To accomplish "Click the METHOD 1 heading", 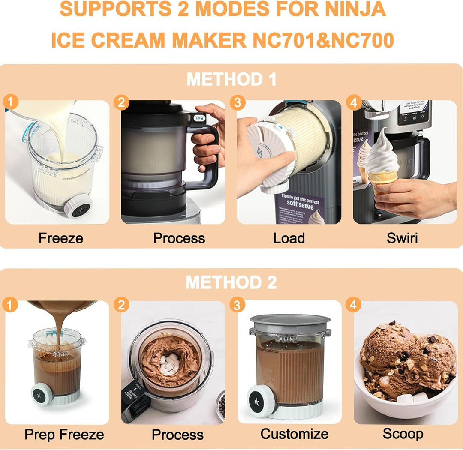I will click(x=231, y=80).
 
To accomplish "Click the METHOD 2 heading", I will click(x=231, y=282).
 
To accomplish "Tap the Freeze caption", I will click(x=61, y=238).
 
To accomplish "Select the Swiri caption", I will click(x=402, y=238).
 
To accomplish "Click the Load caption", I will click(x=289, y=238).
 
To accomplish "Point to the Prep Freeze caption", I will click(x=64, y=435).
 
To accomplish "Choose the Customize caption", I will click(x=294, y=434).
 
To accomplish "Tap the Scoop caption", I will click(x=403, y=434).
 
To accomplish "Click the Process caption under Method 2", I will click(x=177, y=435).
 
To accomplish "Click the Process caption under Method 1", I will click(x=179, y=238).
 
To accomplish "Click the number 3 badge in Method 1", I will click(x=237, y=103).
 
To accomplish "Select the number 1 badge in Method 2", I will click(x=10, y=305).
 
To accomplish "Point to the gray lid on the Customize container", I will click(x=290, y=321).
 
